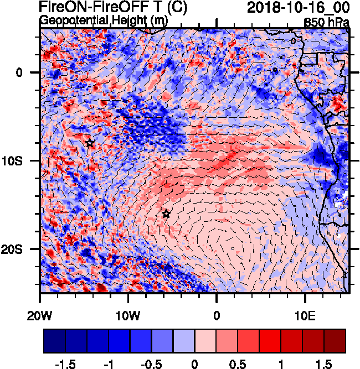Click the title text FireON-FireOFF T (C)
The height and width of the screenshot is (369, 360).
[x=113, y=7]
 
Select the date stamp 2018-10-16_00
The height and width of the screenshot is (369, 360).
[x=298, y=7]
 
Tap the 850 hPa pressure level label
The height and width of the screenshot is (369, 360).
[x=327, y=23]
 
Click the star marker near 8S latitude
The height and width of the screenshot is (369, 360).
[x=90, y=143]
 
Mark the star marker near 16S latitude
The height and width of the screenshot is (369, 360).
[x=166, y=214]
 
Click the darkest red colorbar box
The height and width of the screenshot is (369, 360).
[x=335, y=341]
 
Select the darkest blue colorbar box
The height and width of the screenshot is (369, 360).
[x=54, y=341]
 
